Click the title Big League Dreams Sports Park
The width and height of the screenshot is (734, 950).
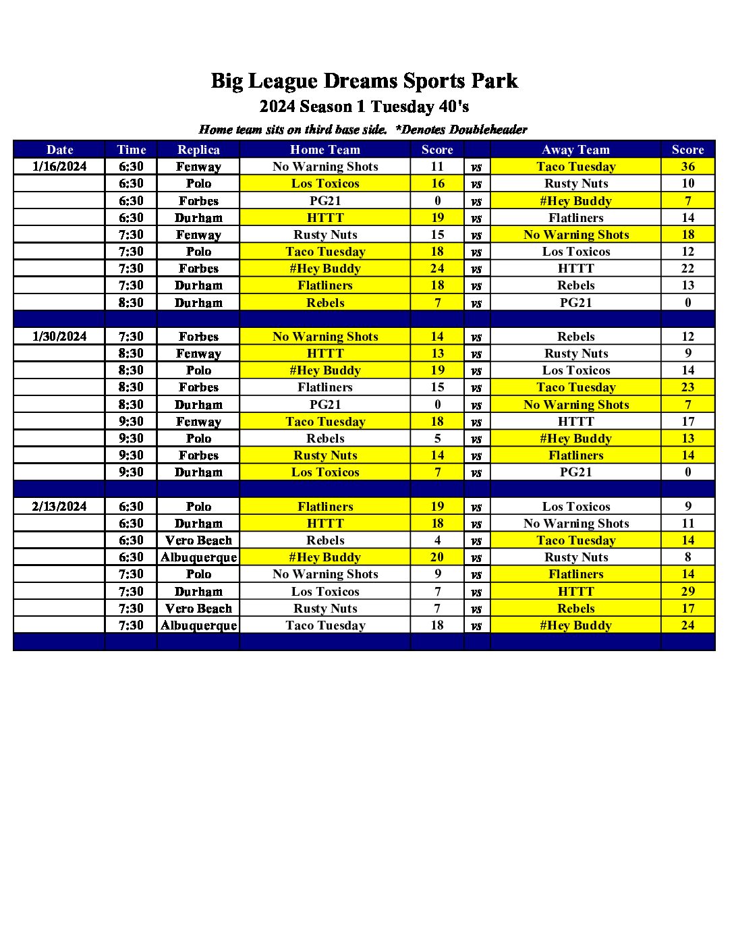(x=364, y=81)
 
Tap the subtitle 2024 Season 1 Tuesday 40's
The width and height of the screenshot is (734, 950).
(x=364, y=107)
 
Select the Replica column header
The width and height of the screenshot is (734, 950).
(x=198, y=150)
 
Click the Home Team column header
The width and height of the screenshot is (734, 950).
(x=325, y=150)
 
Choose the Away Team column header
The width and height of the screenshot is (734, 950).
(x=575, y=150)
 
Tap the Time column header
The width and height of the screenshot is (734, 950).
(x=131, y=150)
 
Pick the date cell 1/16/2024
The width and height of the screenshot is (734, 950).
(x=59, y=167)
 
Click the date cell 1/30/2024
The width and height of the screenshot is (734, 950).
(x=59, y=337)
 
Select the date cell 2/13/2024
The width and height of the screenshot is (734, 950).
(x=59, y=507)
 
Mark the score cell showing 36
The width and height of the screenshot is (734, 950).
(x=687, y=167)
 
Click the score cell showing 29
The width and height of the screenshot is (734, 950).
(x=687, y=591)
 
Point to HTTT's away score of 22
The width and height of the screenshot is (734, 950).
(x=687, y=269)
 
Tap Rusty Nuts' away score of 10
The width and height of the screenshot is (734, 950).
(x=687, y=184)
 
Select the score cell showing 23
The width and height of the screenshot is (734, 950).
(x=687, y=387)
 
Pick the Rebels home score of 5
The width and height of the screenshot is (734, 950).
(x=437, y=439)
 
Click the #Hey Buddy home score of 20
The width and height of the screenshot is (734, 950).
(x=437, y=557)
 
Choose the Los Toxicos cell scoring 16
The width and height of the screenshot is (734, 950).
(x=325, y=184)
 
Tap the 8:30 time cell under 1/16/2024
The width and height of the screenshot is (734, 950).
(x=131, y=303)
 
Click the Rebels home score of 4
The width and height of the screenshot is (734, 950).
(x=437, y=540)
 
